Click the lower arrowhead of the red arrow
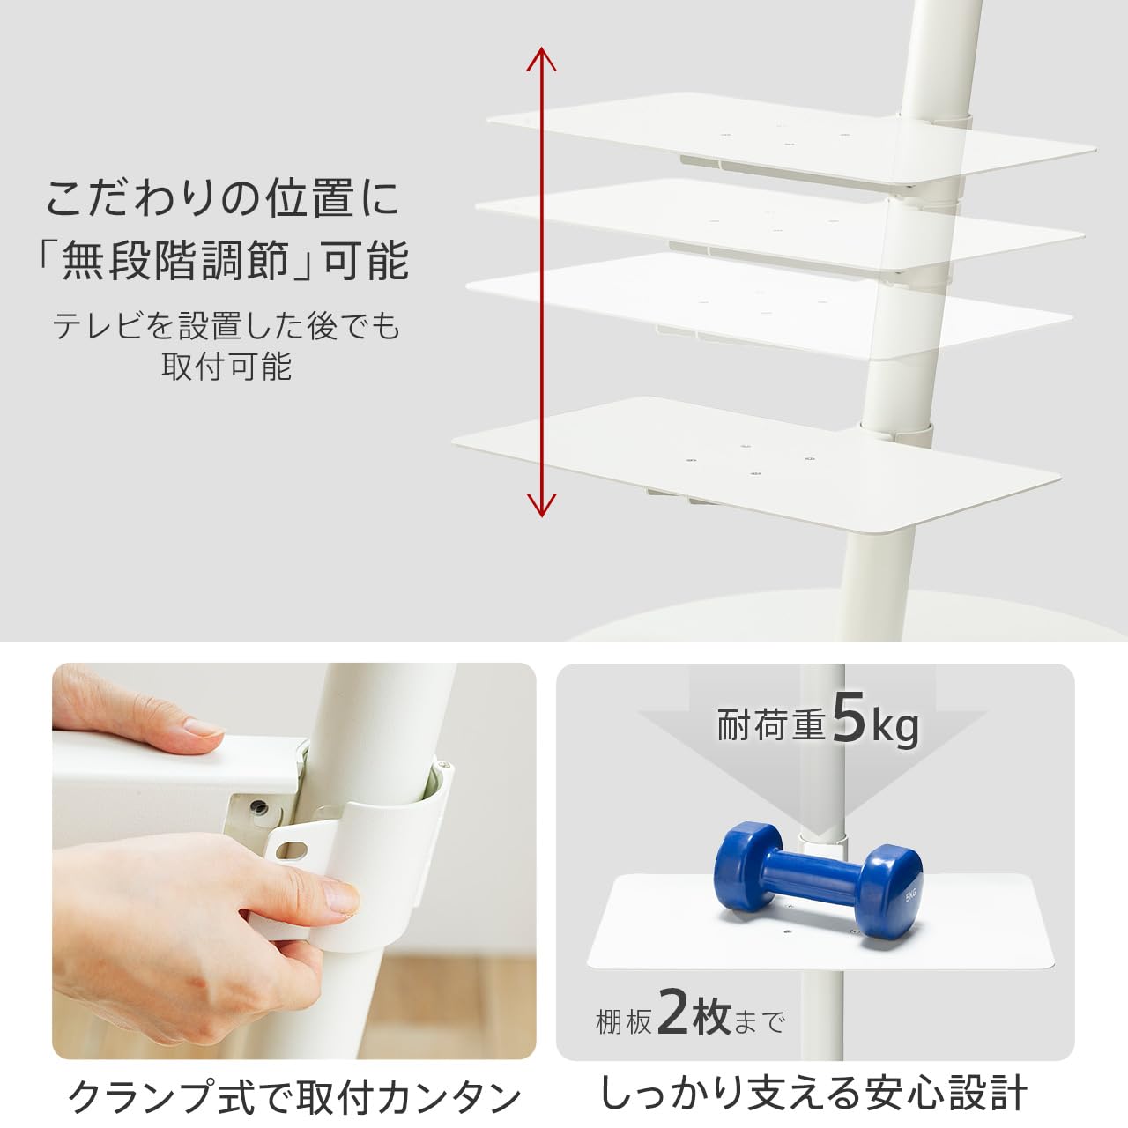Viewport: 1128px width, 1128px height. click(x=541, y=506)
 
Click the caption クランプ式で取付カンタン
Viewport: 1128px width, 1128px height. click(x=294, y=1097)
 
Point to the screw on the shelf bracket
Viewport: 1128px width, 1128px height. click(x=258, y=807)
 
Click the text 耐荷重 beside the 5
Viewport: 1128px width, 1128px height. click(x=771, y=725)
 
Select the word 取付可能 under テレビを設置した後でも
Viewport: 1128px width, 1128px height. click(x=226, y=366)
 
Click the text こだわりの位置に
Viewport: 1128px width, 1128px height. click(x=223, y=197)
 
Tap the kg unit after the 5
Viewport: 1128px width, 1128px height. click(x=895, y=727)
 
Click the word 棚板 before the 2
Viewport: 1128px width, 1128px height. click(x=624, y=1022)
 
